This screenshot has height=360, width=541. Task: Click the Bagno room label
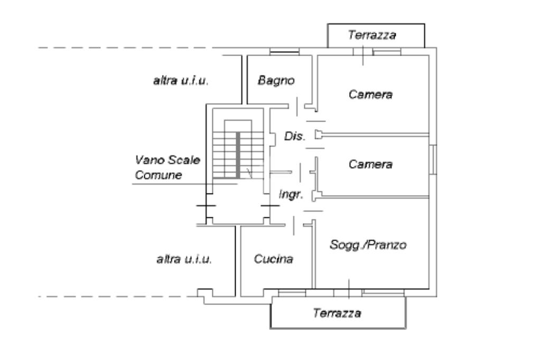(276, 80)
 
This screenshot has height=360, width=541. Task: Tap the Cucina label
(273, 260)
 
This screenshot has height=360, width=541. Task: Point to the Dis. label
(295, 136)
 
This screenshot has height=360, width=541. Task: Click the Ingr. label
(291, 195)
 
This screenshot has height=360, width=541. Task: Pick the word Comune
(158, 175)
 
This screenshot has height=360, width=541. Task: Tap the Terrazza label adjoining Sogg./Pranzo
(337, 313)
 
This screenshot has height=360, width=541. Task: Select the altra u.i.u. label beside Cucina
(184, 259)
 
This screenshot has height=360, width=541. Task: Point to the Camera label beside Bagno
(371, 95)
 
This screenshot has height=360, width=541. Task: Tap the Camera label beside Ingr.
(371, 164)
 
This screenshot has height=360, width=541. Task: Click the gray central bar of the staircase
(238, 154)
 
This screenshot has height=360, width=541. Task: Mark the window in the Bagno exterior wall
(284, 52)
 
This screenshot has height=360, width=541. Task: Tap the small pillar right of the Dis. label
(318, 135)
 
